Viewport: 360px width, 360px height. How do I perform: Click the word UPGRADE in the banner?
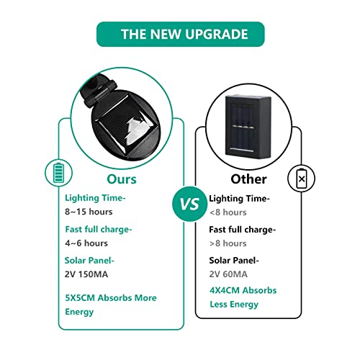pos(217,34)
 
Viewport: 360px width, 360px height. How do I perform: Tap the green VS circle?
pos(190,204)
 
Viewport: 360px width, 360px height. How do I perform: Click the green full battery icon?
pos(58,173)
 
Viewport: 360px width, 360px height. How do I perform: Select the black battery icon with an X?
pos(301,179)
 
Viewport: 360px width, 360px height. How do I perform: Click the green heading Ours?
pos(122,179)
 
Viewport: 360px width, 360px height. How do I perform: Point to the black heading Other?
pos(248,179)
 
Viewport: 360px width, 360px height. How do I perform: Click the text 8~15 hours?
pos(89,212)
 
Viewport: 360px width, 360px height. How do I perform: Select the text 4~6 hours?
pos(86,243)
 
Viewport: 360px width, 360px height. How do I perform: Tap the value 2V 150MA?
pos(86,274)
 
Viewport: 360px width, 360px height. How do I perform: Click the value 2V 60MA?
pos(228,274)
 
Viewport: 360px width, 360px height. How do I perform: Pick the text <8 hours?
pos(228,212)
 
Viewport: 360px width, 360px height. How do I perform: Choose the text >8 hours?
pos(228,243)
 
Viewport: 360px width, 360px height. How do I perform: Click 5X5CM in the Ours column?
pos(80,298)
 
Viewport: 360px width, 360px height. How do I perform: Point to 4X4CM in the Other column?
pos(225,290)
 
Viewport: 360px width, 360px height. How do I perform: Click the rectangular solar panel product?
pos(248,126)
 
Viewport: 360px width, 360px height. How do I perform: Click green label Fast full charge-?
pos(99,230)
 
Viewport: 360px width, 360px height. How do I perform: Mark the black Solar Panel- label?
pos(234,261)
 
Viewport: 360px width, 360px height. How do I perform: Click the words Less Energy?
pos(234,305)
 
